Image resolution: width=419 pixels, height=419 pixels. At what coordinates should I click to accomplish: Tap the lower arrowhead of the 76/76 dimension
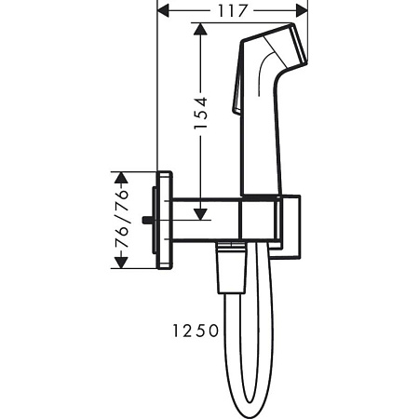pyautogui.click(x=117, y=263)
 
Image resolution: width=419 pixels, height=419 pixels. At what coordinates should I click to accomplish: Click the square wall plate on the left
pyautogui.click(x=164, y=220)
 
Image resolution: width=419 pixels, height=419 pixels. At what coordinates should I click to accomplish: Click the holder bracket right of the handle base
pyautogui.click(x=290, y=223)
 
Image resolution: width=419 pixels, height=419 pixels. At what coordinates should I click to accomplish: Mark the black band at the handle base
pyautogui.click(x=260, y=198)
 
